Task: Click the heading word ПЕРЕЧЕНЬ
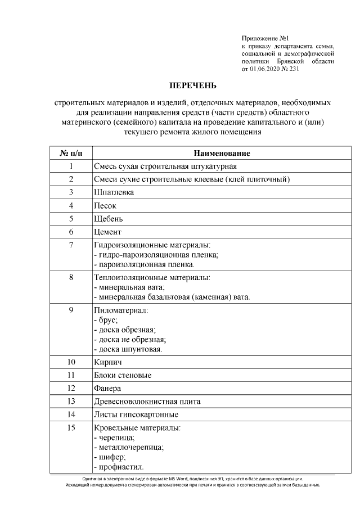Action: pos(193,86)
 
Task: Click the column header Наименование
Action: pos(222,154)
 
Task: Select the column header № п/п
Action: pos(71,154)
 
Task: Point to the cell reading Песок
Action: pos(105,206)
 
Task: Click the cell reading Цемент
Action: pos(107,232)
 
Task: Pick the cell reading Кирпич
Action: pos(108,362)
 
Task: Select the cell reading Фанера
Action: pos(108,388)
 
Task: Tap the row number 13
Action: pos(71,401)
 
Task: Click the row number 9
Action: pos(71,310)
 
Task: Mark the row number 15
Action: pos(71,428)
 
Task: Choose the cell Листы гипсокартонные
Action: pos(136,415)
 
